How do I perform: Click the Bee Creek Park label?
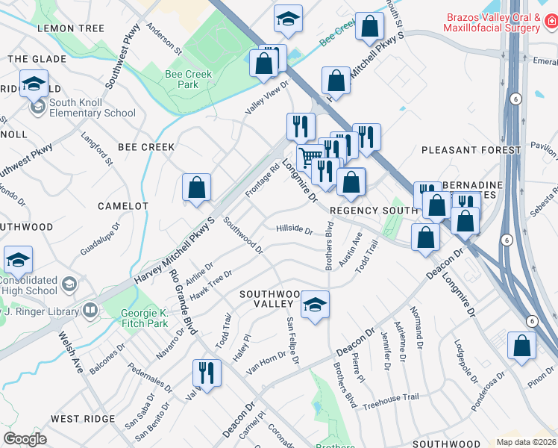tap(188, 79)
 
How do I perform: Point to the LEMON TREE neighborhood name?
tap(70, 28)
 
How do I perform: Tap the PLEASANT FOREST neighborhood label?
tap(471, 150)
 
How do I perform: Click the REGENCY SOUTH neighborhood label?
tap(372, 211)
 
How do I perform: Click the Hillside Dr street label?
tap(294, 229)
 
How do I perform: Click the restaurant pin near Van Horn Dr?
tap(207, 373)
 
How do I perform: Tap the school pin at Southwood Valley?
tap(316, 304)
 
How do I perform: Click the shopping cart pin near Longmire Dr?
tap(310, 157)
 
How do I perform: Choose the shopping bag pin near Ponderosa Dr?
tap(521, 346)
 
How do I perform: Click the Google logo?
tap(25, 439)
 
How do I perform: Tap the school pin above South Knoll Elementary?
tap(34, 84)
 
